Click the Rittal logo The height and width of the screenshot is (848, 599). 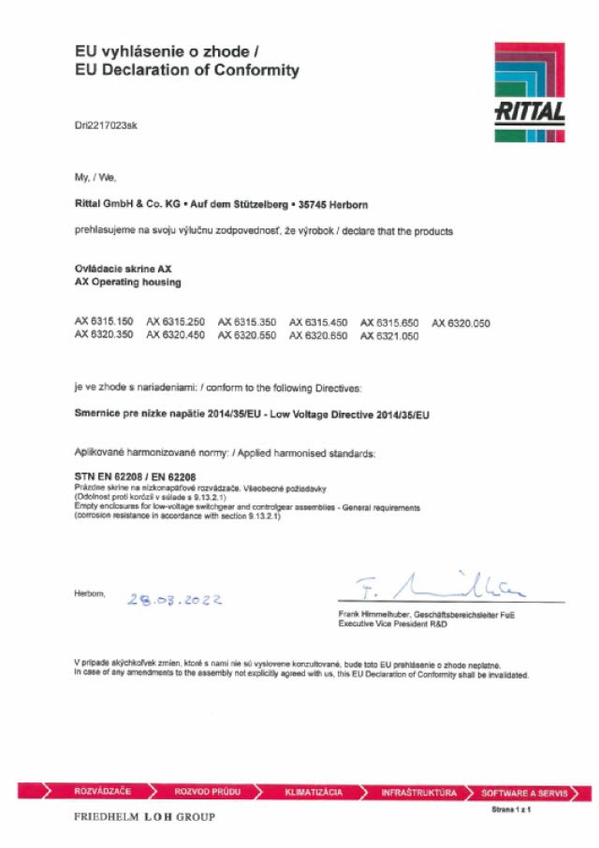(x=529, y=93)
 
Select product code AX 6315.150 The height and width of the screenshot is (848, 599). (x=105, y=323)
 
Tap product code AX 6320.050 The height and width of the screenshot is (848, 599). (x=460, y=323)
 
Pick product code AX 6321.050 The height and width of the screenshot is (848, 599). (x=389, y=335)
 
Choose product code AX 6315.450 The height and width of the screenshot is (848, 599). (x=318, y=323)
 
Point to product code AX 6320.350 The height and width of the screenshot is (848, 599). (x=105, y=335)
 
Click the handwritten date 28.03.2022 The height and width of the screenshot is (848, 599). (x=174, y=599)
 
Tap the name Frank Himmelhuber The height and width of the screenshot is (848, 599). (x=378, y=614)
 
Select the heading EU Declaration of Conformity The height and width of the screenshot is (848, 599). (x=187, y=70)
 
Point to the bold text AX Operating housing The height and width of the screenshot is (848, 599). (x=127, y=282)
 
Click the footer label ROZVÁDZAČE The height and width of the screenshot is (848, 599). (x=102, y=792)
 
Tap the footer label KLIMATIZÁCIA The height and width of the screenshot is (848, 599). (x=314, y=792)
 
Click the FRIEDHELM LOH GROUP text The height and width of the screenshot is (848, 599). (x=144, y=817)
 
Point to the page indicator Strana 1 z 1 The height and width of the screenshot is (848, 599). (x=510, y=809)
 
